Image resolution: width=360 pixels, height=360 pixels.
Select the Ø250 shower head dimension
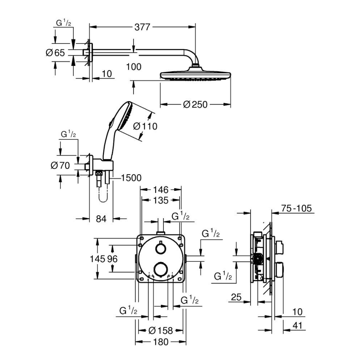(195, 105)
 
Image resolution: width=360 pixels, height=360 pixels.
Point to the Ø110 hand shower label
(145, 126)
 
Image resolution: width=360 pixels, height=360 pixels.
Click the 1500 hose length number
(131, 178)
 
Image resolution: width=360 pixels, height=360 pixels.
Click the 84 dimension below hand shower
(101, 219)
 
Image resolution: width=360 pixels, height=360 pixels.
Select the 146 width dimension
(161, 190)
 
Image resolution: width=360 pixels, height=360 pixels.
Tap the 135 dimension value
(161, 200)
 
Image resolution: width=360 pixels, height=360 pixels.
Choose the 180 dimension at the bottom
(161, 342)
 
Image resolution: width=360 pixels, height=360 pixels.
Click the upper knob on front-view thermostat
(159, 248)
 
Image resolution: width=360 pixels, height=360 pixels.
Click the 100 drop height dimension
(134, 66)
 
